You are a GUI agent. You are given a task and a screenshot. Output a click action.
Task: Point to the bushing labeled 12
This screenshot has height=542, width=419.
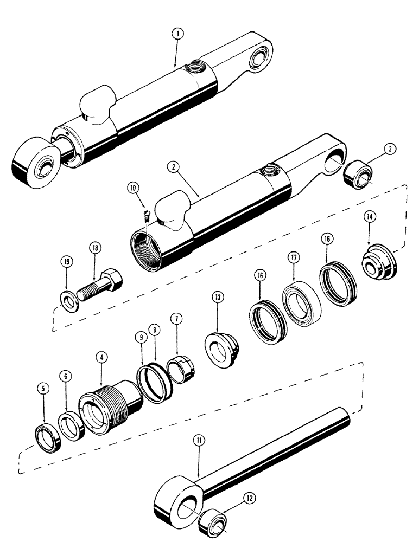click(215, 524)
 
